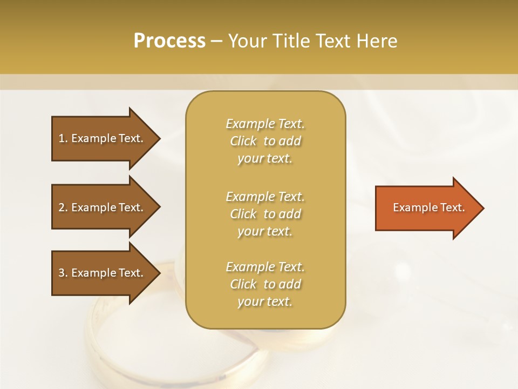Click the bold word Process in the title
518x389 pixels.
(169, 41)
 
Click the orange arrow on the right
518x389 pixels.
(426, 208)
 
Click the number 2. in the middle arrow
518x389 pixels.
(63, 207)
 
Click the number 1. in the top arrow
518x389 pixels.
(63, 138)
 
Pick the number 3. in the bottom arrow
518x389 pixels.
(63, 273)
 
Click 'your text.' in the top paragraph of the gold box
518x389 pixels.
(265, 159)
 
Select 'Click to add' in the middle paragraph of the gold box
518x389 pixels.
(265, 214)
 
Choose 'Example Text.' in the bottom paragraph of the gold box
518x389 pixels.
(265, 267)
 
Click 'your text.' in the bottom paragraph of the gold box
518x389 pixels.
(265, 301)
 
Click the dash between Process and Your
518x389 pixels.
(217, 41)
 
